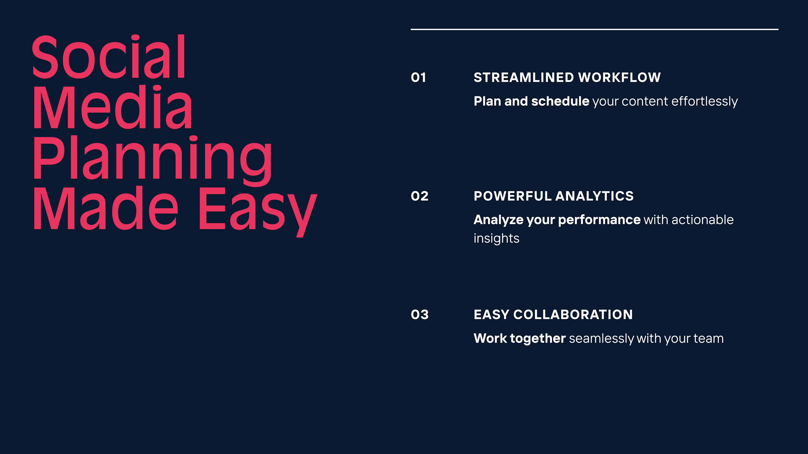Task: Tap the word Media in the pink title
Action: point(112,107)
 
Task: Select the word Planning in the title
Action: point(152,160)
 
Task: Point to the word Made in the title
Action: point(106,208)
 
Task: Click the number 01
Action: point(419,77)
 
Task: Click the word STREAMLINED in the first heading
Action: point(524,77)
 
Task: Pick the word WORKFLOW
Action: point(619,77)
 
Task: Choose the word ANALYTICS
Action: point(595,196)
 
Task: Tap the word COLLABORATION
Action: point(573,315)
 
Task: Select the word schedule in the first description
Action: point(560,101)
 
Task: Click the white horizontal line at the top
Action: point(595,29)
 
